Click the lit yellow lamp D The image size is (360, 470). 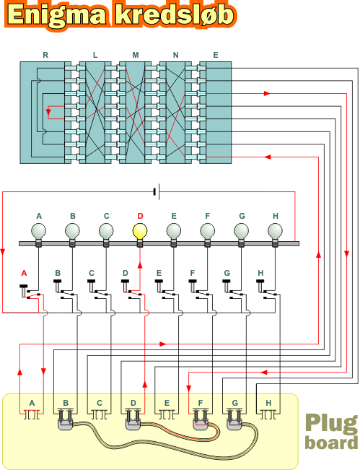140,232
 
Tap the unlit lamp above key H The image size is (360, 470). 275,232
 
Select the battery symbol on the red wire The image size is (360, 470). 157,191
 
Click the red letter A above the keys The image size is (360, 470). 24,273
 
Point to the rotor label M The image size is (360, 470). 136,55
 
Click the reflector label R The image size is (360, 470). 45,55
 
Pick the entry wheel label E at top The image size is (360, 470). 216,55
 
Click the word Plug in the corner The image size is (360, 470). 332,424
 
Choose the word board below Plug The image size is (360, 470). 332,443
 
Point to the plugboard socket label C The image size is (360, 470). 100,403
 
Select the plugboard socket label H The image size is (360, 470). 268,403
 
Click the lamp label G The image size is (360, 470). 242,216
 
